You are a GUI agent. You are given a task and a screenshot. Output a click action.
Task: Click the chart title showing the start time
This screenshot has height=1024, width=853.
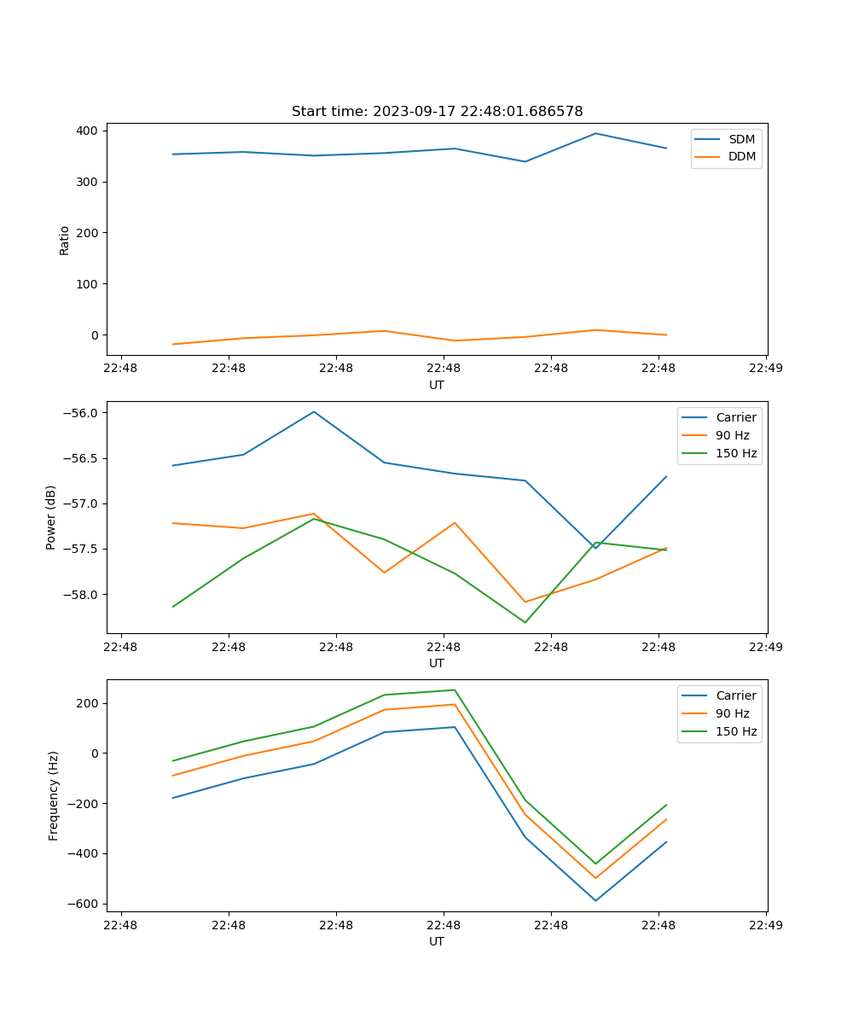(x=437, y=112)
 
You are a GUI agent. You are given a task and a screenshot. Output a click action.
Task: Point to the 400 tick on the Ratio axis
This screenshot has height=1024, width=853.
(x=86, y=131)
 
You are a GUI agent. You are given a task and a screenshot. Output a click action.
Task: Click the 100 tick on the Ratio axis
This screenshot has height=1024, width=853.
(x=86, y=284)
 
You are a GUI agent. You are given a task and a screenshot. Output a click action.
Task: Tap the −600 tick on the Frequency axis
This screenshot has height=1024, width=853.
(x=83, y=904)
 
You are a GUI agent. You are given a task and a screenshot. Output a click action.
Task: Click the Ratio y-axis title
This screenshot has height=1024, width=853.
(x=65, y=240)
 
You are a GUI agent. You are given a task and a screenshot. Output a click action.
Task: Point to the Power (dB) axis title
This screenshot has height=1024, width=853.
(x=51, y=517)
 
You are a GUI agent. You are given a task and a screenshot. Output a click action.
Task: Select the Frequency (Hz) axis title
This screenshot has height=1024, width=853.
(x=54, y=795)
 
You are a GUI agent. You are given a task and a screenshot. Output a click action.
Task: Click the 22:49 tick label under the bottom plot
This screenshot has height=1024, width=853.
(x=765, y=924)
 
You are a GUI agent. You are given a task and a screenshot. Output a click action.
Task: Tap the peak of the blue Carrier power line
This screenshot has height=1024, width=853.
(x=314, y=411)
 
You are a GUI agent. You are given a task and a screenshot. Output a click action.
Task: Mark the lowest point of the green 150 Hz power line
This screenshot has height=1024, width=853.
(x=525, y=622)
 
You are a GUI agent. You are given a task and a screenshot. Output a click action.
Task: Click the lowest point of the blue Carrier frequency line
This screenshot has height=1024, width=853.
(x=595, y=900)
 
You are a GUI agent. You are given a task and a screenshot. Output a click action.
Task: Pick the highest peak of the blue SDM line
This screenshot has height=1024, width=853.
(x=595, y=133)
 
